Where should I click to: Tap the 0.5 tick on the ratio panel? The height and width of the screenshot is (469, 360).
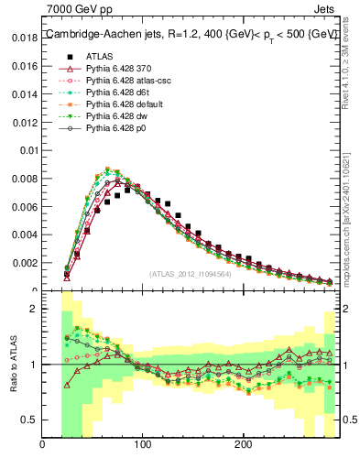[x=28, y=420]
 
